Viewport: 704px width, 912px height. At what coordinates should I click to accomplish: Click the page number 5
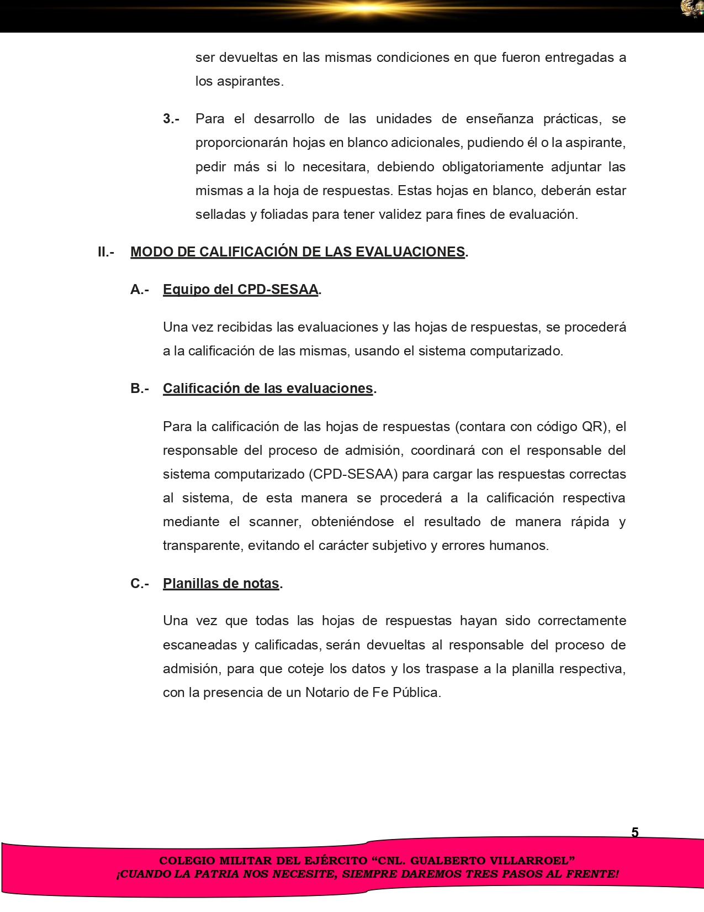pyautogui.click(x=635, y=832)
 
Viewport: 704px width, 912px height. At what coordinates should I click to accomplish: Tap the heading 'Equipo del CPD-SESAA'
pyautogui.click(x=240, y=290)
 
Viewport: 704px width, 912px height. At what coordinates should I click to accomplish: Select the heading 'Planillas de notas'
pyautogui.click(x=221, y=584)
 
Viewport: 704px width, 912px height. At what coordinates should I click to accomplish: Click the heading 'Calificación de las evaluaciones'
pyautogui.click(x=268, y=389)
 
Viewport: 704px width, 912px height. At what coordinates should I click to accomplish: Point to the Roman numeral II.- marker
pyautogui.click(x=106, y=252)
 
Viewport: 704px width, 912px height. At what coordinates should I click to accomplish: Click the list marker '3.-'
pyautogui.click(x=171, y=119)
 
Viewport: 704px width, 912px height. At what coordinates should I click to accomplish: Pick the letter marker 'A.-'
pyautogui.click(x=140, y=290)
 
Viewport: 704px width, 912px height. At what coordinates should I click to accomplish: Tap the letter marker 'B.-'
pyautogui.click(x=140, y=389)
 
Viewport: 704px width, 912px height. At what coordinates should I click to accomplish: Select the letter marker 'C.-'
pyautogui.click(x=140, y=584)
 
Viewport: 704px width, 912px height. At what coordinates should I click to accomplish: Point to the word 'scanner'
pyautogui.click(x=274, y=522)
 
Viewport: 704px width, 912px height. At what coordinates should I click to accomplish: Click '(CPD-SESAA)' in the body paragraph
pyautogui.click(x=353, y=474)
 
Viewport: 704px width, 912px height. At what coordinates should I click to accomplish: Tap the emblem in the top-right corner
pyautogui.click(x=692, y=9)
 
